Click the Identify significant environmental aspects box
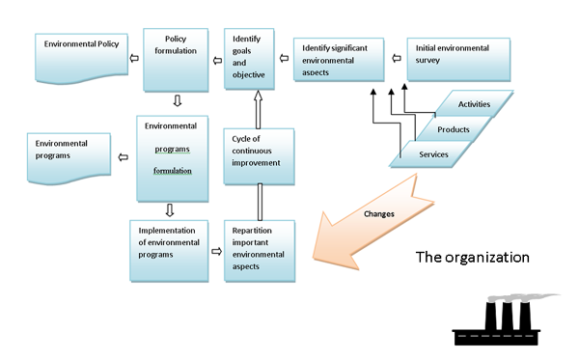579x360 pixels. [338, 59]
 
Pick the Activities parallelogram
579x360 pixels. [474, 103]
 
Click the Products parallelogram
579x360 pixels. [454, 128]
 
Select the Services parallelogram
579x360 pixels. [431, 153]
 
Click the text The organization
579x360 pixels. [473, 258]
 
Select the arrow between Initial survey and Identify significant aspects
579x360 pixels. [397, 58]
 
